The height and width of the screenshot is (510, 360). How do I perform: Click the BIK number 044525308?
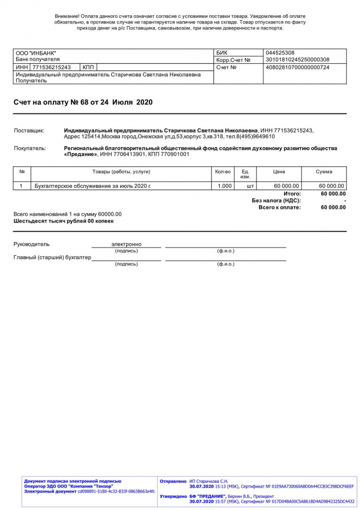pyautogui.click(x=279, y=53)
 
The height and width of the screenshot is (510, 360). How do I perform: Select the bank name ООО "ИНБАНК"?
pyautogui.click(x=36, y=53)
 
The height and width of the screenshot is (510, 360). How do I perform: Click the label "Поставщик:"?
pyautogui.click(x=29, y=131)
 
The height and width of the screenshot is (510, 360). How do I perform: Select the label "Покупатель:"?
pyautogui.click(x=30, y=148)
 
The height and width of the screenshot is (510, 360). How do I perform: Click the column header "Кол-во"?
pyautogui.click(x=223, y=172)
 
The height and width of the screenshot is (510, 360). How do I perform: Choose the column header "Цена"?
pyautogui.click(x=279, y=172)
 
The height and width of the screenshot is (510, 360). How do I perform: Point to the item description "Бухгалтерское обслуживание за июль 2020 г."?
pyautogui.click(x=93, y=186)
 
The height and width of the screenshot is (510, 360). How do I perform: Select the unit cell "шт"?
pyautogui.click(x=250, y=186)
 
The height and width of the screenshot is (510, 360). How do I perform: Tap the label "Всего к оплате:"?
pyautogui.click(x=279, y=208)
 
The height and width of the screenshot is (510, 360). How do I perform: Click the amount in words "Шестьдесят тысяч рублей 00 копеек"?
pyautogui.click(x=64, y=221)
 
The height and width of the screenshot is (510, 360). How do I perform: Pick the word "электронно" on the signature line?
pyautogui.click(x=127, y=244)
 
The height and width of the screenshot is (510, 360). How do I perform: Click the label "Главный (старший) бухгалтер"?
pyautogui.click(x=52, y=257)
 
